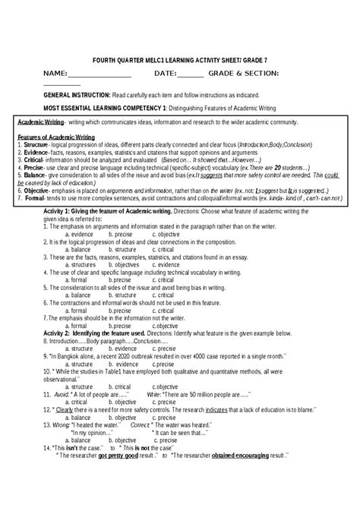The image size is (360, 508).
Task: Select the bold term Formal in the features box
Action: coord(32,199)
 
